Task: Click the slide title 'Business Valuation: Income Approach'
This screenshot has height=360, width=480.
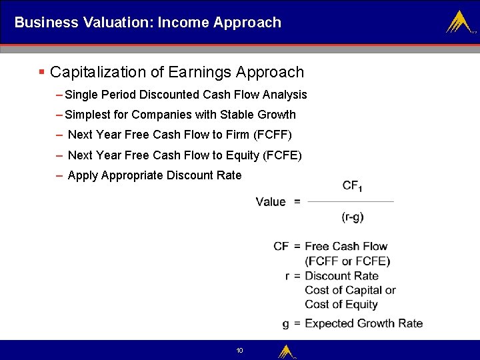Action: point(147,23)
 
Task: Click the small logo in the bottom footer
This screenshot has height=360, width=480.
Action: point(287,351)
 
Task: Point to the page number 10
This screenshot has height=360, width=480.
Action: point(240,351)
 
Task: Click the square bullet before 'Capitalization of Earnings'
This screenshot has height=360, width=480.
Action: point(42,72)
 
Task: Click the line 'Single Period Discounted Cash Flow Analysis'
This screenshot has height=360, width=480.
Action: point(186,95)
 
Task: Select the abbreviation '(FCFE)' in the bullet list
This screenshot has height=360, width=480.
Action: point(283,155)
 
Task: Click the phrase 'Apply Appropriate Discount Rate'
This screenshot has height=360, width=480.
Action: point(155,175)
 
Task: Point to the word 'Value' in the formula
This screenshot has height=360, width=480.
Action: point(271,201)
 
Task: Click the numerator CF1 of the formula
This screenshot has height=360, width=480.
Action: point(352,187)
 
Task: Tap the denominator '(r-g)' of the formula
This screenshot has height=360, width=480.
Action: point(352,217)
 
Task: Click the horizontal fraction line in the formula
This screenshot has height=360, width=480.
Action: point(351,201)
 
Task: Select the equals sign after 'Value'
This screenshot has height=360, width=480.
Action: point(297,201)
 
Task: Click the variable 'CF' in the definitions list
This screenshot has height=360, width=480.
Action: point(281,246)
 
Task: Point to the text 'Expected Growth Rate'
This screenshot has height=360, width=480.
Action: point(363,323)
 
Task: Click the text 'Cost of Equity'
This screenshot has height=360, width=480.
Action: point(341,305)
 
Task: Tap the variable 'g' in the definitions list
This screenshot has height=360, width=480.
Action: point(285,324)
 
